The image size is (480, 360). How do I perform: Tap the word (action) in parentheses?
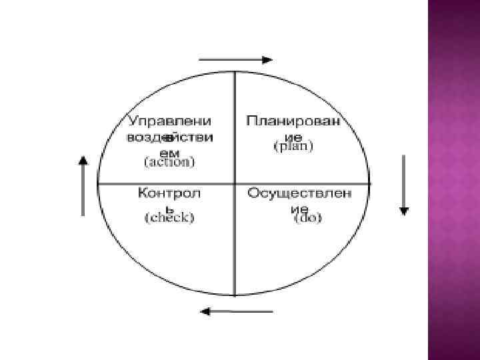coord(169,162)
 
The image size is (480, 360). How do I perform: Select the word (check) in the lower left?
coord(169,217)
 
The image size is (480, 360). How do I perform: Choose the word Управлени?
coord(169,121)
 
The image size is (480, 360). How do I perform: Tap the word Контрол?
coord(169,193)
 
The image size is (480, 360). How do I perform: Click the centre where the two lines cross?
coord(234,183)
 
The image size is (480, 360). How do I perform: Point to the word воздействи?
coord(169,137)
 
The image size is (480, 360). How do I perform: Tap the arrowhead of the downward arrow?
coord(403,211)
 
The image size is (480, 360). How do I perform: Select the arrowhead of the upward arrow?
coord(83,160)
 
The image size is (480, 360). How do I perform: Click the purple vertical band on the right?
coord(453,180)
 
